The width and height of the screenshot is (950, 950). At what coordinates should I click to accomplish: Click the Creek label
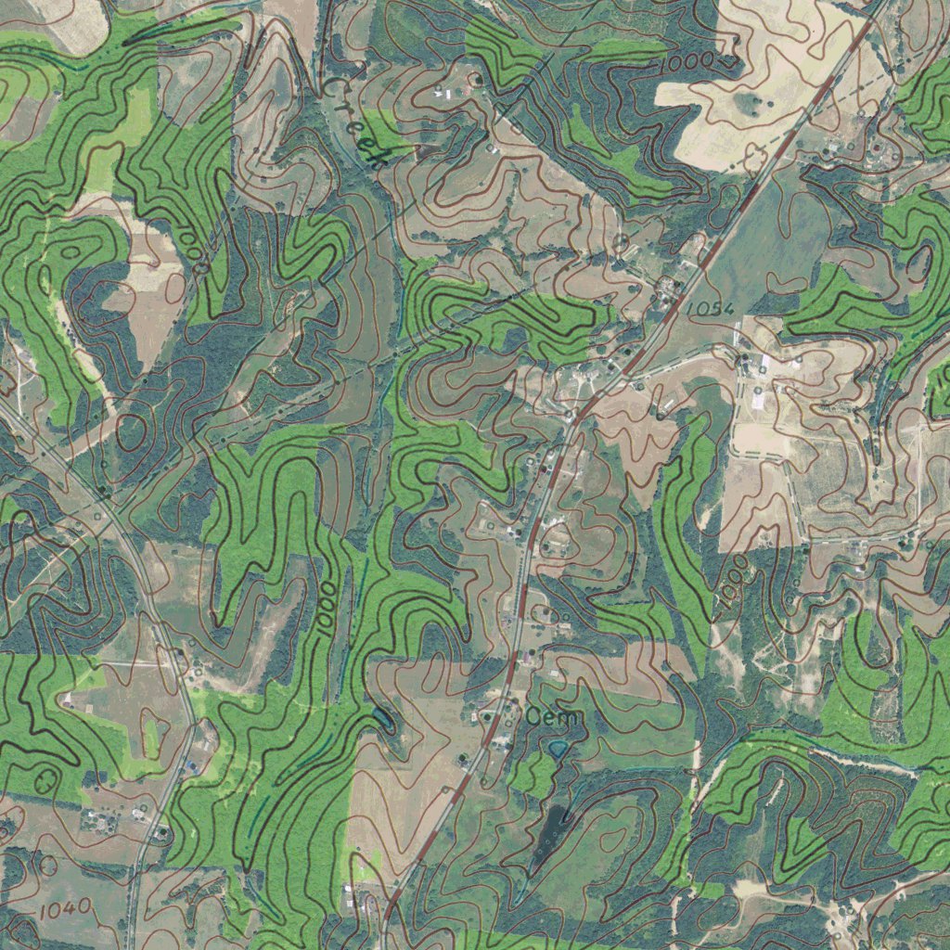(353, 122)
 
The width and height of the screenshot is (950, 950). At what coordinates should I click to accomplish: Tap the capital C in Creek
(332, 85)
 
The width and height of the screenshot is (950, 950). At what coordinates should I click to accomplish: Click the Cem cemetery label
(554, 717)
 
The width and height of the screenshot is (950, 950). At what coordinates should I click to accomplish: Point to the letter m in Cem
(572, 718)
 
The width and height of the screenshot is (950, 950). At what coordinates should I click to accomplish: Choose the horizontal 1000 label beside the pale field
(688, 63)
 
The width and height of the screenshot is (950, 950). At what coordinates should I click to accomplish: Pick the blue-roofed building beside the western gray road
(191, 766)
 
